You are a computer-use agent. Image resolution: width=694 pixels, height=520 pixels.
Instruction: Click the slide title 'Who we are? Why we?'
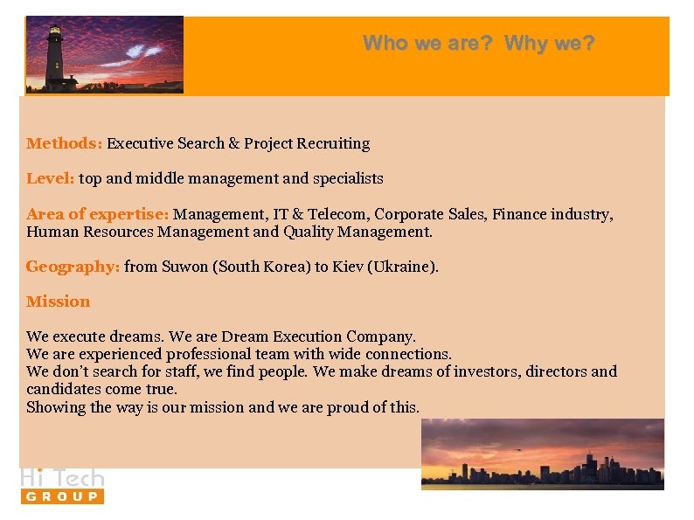(478, 43)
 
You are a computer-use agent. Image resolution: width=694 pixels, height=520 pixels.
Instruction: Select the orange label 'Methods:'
(65, 143)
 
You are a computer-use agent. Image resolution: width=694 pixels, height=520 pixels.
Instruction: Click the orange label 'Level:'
(51, 178)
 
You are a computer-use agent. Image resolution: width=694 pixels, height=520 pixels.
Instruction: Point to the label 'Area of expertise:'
(98, 214)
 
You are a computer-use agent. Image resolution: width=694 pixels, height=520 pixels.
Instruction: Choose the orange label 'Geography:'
(73, 267)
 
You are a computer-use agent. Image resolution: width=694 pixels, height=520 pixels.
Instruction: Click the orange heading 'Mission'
(58, 302)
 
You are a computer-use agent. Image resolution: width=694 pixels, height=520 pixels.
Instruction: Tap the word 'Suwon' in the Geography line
(185, 267)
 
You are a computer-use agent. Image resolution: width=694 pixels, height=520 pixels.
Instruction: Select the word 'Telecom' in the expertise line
(341, 214)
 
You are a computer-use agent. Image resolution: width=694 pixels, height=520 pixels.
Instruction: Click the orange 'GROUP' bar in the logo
(62, 496)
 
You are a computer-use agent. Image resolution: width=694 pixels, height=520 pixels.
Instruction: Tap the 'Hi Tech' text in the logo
(62, 477)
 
